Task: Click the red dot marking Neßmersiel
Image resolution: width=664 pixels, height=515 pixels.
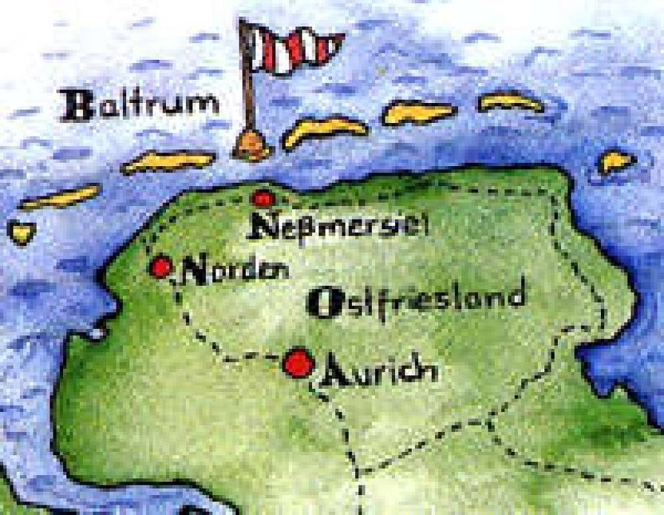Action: (263, 199)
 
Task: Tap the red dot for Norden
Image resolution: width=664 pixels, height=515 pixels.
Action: (161, 267)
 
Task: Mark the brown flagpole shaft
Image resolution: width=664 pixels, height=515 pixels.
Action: (248, 85)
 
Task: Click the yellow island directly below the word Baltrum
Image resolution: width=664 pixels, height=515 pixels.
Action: (168, 161)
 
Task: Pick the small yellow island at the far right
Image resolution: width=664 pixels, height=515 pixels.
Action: (615, 161)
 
